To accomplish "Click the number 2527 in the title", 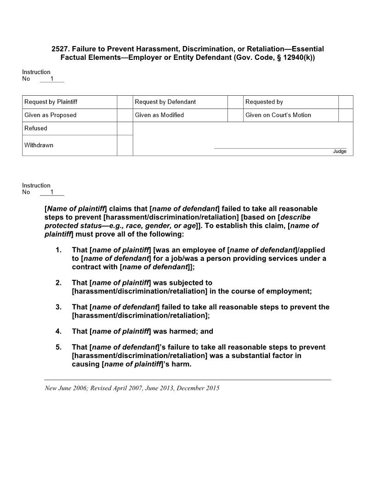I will [60, 49].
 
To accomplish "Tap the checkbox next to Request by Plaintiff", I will [125, 102].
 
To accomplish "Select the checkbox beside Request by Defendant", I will [235, 102].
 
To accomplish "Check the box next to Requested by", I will [346, 102].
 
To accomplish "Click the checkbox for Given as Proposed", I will [125, 115].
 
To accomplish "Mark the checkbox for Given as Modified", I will [235, 115].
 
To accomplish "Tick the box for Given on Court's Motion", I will [346, 115].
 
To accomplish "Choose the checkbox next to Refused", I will [125, 128].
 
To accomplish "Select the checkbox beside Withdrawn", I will [125, 145].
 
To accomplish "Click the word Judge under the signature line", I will [340, 151].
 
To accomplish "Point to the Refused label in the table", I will [36, 128].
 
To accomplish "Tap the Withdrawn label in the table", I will [39, 145].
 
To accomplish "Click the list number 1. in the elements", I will [58, 250].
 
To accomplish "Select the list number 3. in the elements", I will [58, 307].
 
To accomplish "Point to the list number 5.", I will [58, 347].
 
